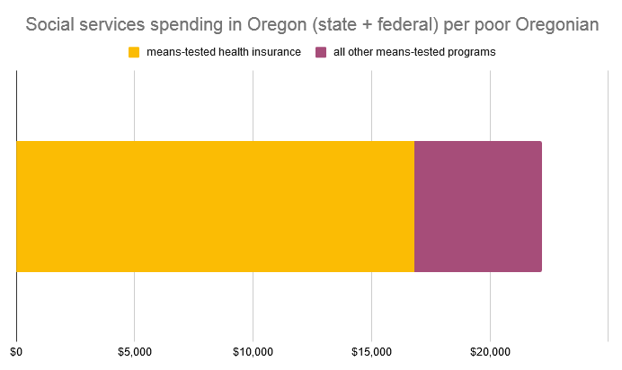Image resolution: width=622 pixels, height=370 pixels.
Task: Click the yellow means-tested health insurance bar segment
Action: (x=215, y=207)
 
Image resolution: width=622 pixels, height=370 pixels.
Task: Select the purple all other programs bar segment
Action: (x=477, y=207)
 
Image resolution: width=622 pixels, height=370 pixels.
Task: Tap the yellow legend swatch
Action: (x=135, y=52)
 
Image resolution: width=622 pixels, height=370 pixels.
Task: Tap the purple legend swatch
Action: (x=321, y=52)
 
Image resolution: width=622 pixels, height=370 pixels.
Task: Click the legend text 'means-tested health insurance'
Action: (x=223, y=52)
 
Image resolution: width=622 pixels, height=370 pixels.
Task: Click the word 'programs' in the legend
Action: (x=472, y=52)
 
